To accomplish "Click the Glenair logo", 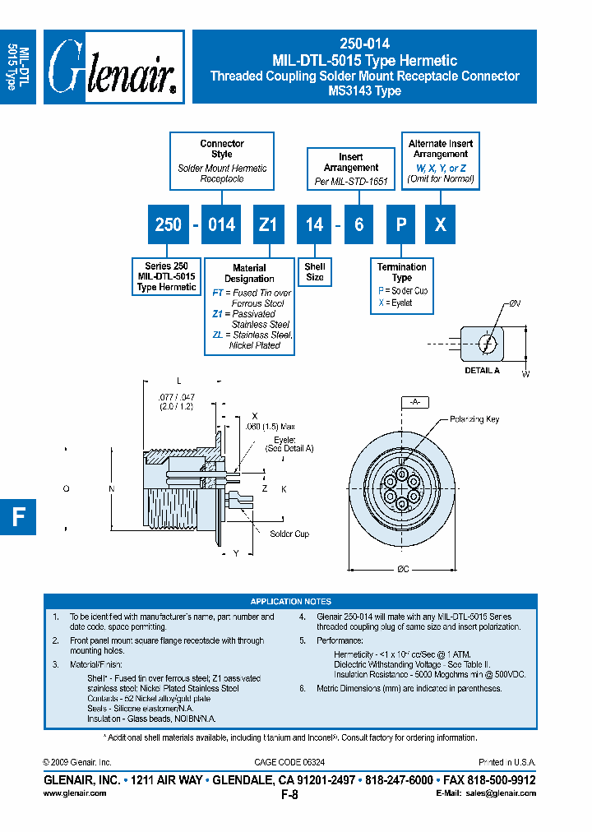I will pos(113,67).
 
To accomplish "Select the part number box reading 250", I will pos(168,224).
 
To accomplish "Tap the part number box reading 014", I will pos(221,224).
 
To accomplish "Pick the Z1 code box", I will pos(268,224).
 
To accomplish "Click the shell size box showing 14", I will pos(314,224).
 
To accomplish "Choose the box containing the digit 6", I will pos(358,224).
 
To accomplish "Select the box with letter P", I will pos(401,224).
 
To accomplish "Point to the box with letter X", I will pos(441,224).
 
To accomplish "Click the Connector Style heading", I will pos(222,149).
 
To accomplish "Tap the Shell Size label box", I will pos(315,272).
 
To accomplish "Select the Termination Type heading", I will pos(402,272).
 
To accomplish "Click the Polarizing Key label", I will pos(474,419).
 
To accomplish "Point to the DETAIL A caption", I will pos(483,371).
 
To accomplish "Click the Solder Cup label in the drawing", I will pos(289,534).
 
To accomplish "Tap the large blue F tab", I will pos(18,516).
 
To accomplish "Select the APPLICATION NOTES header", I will pos(291,602).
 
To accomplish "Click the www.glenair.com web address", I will pos(74,793).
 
